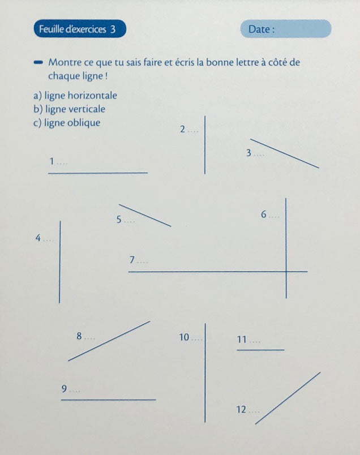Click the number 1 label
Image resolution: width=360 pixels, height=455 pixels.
point(52,162)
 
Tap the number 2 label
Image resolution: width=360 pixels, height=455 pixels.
point(182,130)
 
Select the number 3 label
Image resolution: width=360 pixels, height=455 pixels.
point(248,153)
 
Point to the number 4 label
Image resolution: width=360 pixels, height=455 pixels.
point(38,238)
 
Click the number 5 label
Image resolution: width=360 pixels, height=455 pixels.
point(119,220)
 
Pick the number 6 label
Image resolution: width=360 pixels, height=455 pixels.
point(264,214)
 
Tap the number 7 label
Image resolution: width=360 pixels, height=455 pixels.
point(132,260)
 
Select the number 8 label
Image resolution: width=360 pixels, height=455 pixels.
point(79,337)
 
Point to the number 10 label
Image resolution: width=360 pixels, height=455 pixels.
point(183,338)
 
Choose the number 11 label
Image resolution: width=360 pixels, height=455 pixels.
point(242,340)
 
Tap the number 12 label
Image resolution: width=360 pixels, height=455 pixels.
point(241,409)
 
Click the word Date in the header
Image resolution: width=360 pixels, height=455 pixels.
point(261,29)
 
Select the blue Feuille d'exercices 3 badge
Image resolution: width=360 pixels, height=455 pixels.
point(79,29)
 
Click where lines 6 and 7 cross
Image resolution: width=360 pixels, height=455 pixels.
point(286,272)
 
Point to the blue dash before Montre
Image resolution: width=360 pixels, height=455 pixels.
point(38,62)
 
